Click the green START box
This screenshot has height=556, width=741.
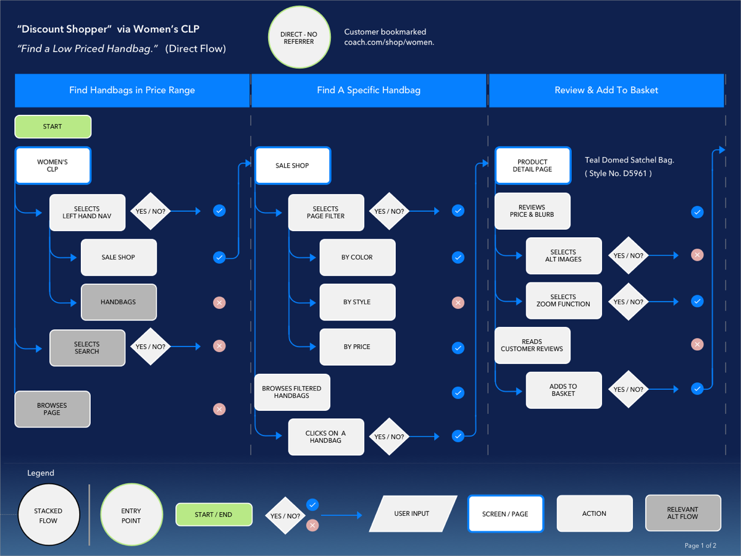click(52, 127)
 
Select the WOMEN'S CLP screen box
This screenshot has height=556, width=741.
click(52, 166)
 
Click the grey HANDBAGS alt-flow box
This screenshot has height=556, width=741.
click(118, 302)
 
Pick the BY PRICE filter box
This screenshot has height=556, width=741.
click(357, 347)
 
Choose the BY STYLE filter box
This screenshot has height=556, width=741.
click(357, 302)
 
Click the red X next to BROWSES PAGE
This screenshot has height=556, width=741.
click(219, 409)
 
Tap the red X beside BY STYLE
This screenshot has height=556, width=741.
click(458, 302)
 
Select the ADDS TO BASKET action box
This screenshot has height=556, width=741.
click(563, 390)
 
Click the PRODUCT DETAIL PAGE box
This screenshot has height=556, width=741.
click(532, 166)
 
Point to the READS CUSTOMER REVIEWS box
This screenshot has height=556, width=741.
click(532, 345)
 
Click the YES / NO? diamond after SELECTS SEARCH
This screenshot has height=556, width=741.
click(150, 347)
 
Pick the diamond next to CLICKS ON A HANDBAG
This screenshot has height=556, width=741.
click(389, 437)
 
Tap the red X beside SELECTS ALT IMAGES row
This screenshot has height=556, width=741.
click(697, 255)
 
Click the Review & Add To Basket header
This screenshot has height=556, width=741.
click(606, 90)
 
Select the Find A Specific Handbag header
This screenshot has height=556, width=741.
click(369, 90)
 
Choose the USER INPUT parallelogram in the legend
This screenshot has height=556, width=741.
click(412, 513)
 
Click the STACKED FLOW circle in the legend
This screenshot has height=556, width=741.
click(48, 515)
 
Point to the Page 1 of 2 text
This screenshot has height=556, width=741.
click(700, 545)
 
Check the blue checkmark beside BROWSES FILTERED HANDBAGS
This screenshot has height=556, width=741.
click(458, 392)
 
